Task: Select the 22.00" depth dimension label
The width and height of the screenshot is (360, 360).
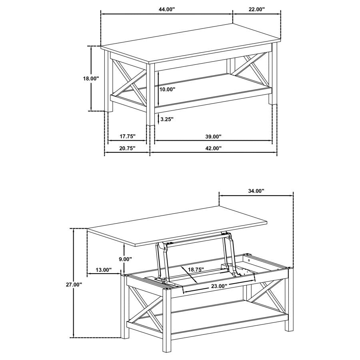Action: (256, 9)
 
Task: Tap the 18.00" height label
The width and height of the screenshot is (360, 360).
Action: (91, 79)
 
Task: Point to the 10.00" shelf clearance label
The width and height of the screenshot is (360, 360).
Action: (167, 90)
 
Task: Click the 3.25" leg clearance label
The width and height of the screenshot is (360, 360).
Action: (166, 119)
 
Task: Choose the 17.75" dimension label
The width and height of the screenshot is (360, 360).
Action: (127, 136)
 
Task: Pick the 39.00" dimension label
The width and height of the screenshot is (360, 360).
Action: (213, 136)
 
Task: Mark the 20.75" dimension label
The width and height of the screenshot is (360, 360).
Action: (127, 148)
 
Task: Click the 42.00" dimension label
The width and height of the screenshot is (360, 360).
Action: (213, 148)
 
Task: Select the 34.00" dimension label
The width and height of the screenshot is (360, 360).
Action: (256, 191)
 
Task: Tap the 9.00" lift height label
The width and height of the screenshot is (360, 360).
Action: (125, 259)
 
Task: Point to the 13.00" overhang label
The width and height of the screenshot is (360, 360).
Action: (104, 270)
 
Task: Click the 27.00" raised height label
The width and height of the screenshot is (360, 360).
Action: (74, 284)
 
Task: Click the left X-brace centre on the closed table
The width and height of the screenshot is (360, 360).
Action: (128, 79)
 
